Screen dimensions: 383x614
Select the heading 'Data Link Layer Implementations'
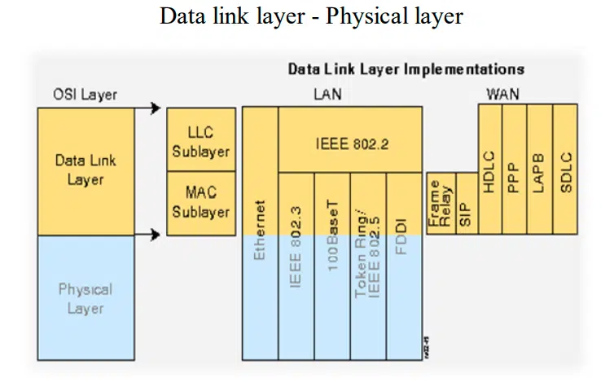coord(406,69)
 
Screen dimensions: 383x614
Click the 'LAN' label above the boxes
coord(327,95)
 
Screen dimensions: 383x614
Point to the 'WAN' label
coord(502,95)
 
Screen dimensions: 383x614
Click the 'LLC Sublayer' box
coord(200,141)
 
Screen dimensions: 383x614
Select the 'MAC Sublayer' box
coord(200,203)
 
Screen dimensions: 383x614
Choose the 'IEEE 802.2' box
coord(351,144)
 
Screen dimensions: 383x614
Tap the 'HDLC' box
coord(490,171)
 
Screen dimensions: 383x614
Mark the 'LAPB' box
coord(539,171)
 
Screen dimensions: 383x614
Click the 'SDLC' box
coord(565,171)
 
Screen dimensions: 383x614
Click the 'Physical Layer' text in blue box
coord(86,298)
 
